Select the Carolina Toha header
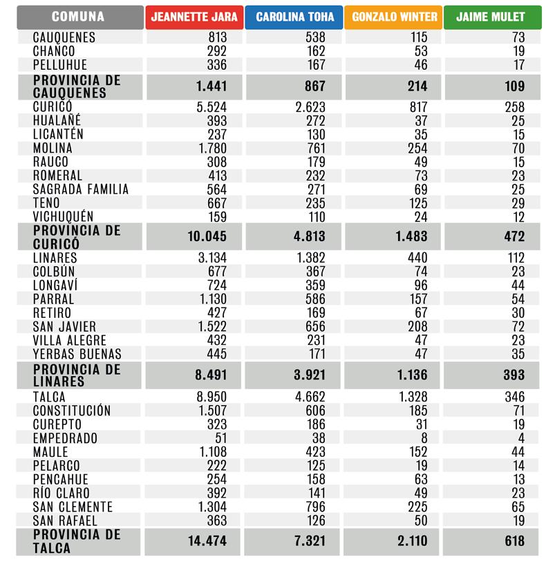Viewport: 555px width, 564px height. coord(294,17)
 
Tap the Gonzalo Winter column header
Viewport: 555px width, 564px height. coord(393,17)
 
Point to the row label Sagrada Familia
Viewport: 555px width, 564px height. coord(80,189)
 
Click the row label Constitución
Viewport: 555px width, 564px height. coord(72,411)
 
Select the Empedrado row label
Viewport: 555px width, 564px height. coord(65,438)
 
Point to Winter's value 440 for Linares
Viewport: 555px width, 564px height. coord(417,258)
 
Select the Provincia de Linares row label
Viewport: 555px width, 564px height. coord(77,375)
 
